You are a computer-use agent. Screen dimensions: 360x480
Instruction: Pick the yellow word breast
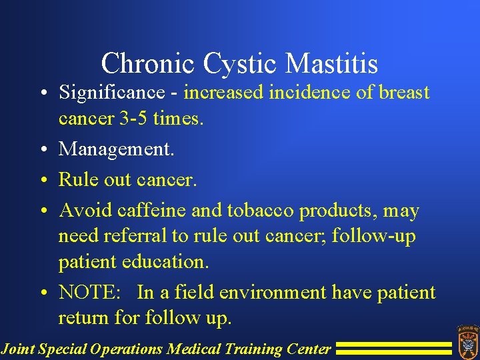[x=405, y=92]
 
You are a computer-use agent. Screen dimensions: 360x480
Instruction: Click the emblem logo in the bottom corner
[x=467, y=341]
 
